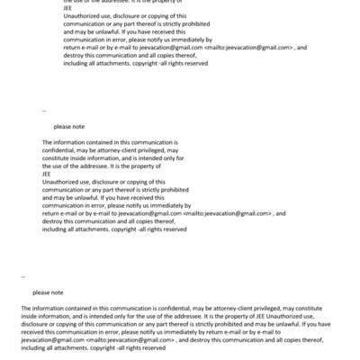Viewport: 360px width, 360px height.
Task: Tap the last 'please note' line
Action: [47, 292]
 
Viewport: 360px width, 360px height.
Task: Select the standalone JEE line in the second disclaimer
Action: [47, 174]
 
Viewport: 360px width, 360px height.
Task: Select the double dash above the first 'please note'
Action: [44, 111]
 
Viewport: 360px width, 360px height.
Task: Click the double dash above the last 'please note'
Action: [23, 276]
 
